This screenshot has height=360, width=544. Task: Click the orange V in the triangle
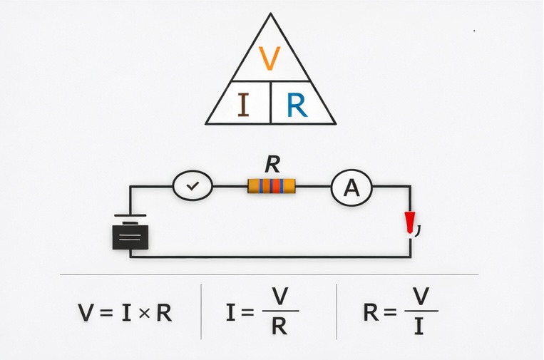point(270,59)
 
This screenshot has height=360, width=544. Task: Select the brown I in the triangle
point(243,105)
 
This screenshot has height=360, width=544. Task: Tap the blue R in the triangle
point(297,106)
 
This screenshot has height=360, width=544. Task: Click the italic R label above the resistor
point(272,165)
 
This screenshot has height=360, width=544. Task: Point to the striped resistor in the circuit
point(271,187)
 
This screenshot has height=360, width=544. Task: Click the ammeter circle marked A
point(351,187)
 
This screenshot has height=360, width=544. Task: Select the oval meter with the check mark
point(193,186)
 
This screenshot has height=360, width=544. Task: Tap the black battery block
point(130,236)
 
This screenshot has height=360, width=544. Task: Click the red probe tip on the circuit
point(410,223)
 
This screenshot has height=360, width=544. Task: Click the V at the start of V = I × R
point(86,312)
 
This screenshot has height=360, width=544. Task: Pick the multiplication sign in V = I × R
point(143,313)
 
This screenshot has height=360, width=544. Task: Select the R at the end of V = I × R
point(164,312)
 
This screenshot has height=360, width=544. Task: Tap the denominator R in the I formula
point(280,327)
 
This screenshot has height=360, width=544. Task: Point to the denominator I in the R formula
point(421,327)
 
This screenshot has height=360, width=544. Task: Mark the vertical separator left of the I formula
point(201,312)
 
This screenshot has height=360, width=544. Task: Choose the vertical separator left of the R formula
point(337,312)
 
